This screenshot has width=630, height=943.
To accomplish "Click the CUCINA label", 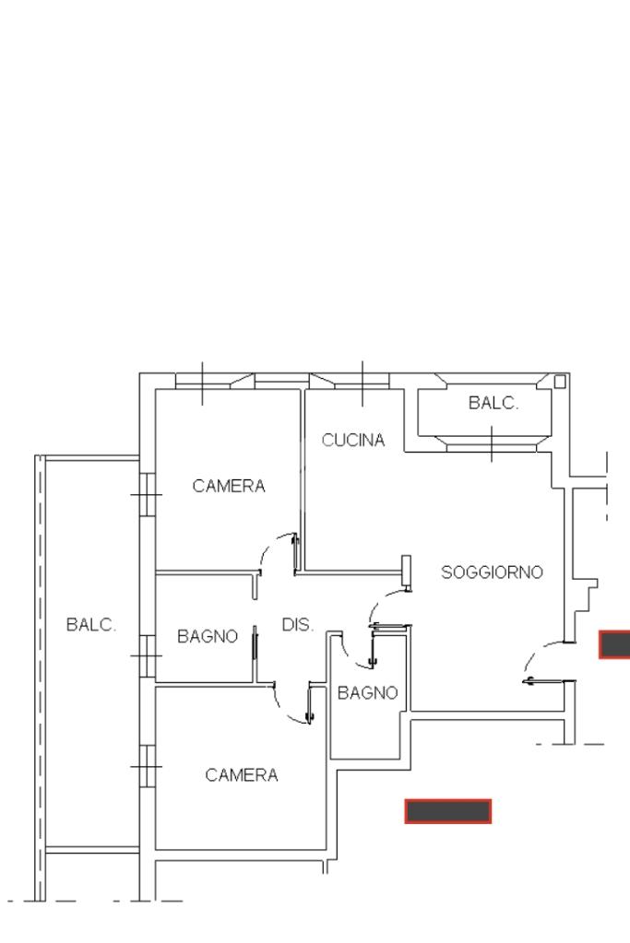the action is [353, 441].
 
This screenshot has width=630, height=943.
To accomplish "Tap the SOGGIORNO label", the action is [493, 572].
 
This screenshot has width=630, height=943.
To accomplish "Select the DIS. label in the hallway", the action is [298, 625].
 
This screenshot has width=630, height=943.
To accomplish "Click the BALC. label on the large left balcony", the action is [91, 625].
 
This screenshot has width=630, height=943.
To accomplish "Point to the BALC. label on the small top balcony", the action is [493, 403].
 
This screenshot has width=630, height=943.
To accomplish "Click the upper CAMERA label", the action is [229, 486].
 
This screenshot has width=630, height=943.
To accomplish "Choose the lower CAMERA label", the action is [242, 775].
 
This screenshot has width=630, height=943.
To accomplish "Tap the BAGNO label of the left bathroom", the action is [208, 636].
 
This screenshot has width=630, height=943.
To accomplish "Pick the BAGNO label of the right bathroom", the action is [368, 693].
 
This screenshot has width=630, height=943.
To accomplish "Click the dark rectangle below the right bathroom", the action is [448, 811].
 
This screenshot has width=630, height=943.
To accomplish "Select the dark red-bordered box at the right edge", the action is [614, 644].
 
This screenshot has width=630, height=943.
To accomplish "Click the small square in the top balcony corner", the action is [560, 382].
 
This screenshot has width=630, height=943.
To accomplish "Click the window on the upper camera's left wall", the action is [148, 494].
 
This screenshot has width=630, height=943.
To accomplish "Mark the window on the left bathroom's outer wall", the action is [148, 655].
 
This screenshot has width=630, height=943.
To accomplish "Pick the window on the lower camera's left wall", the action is [148, 766].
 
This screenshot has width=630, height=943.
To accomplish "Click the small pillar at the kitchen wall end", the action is [406, 571].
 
